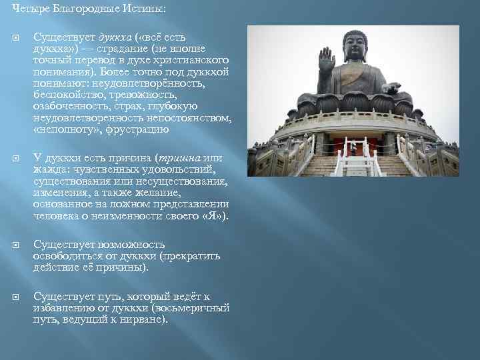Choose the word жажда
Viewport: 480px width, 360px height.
tap(49, 170)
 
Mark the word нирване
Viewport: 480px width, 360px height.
tap(146, 319)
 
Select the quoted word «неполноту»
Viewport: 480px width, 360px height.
tap(64, 130)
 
